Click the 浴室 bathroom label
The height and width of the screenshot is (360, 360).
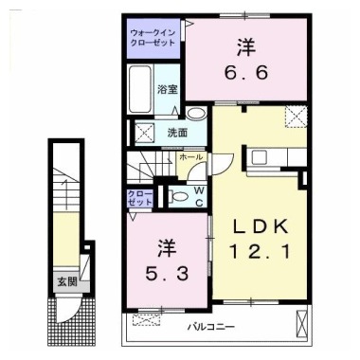(167, 90)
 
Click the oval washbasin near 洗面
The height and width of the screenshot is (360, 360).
(194, 112)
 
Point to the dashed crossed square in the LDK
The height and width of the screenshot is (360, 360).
(298, 118)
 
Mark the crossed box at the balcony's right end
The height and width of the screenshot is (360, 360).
(302, 325)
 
